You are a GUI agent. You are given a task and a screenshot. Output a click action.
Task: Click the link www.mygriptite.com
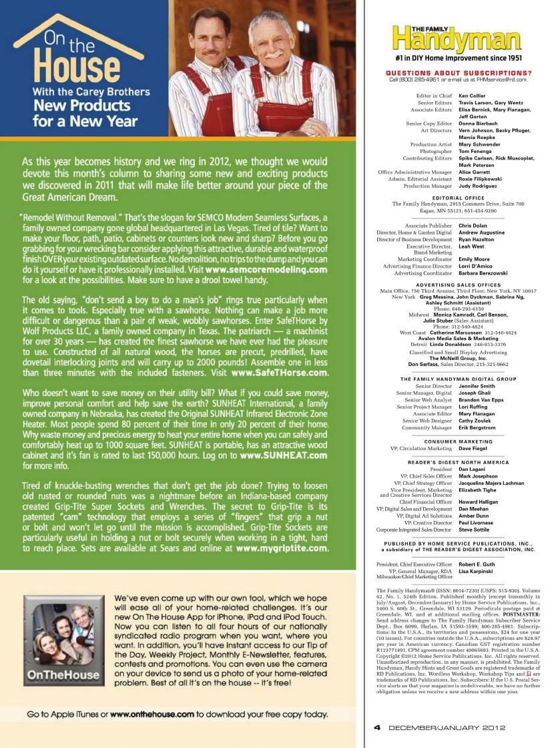(x=282, y=548)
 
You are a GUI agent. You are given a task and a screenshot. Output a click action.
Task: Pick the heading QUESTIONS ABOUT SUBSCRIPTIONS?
(x=459, y=72)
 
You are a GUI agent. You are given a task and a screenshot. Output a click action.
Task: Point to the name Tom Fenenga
(x=475, y=151)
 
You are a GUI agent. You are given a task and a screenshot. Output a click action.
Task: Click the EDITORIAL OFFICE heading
(x=458, y=198)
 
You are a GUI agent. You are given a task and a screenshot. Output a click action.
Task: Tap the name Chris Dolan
(x=473, y=226)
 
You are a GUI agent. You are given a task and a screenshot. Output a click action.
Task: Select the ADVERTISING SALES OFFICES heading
(x=458, y=285)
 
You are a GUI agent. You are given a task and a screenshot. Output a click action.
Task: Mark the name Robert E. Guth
(x=477, y=564)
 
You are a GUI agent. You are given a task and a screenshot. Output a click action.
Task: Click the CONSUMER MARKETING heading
(x=458, y=441)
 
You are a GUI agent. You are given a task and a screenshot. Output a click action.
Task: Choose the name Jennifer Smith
(x=477, y=386)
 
